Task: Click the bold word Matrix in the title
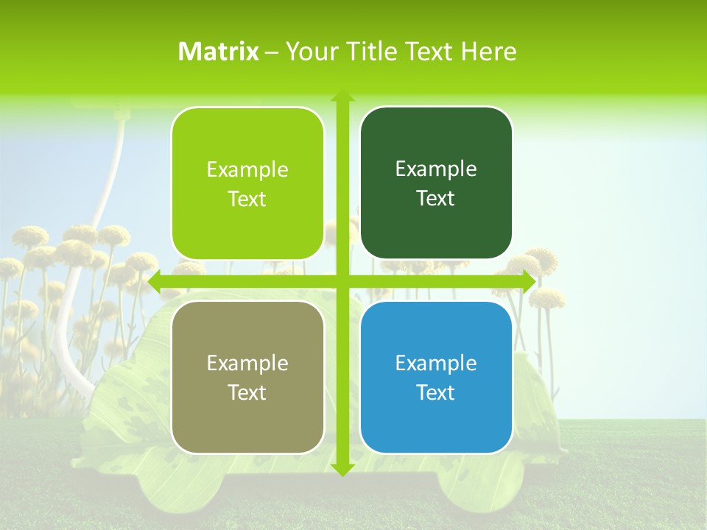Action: click(x=219, y=52)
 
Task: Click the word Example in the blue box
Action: click(x=436, y=363)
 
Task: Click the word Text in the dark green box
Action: click(x=436, y=199)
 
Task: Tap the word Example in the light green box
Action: click(x=247, y=170)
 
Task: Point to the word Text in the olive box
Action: click(x=247, y=392)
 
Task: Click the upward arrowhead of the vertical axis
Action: click(x=342, y=96)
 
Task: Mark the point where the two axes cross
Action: click(x=342, y=282)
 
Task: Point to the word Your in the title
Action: click(x=309, y=52)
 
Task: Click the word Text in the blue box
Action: click(x=436, y=392)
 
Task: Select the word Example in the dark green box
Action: click(x=436, y=169)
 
